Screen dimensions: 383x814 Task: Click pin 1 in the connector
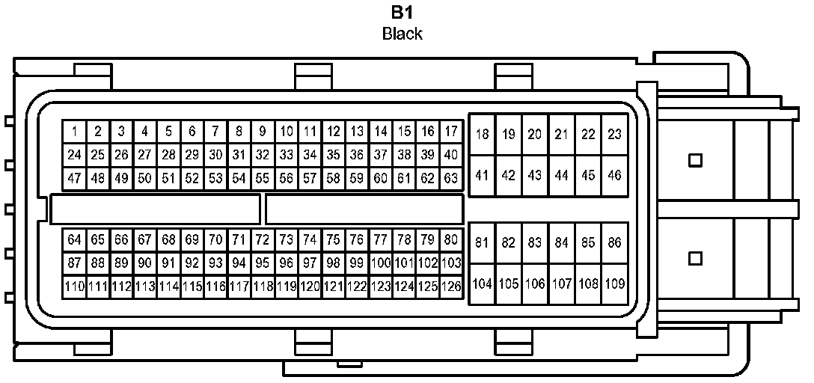tap(75, 132)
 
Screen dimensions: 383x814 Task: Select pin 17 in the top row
tap(451, 132)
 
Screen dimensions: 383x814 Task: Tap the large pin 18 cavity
tap(483, 135)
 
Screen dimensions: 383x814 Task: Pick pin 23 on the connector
tap(615, 135)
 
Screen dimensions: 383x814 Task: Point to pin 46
tap(615, 176)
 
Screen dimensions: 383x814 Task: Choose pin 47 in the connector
tap(74, 179)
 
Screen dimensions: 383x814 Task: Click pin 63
tap(451, 179)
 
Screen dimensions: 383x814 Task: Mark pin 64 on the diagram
tap(74, 240)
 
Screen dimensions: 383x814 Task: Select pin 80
tap(451, 240)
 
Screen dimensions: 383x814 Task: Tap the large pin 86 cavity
tap(615, 242)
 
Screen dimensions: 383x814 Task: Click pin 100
tap(381, 263)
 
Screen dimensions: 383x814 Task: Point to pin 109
tap(615, 284)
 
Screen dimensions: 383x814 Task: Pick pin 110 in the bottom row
tap(74, 287)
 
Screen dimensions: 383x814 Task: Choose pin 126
tap(451, 287)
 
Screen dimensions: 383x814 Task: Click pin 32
tap(262, 156)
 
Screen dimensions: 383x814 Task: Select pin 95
tap(262, 263)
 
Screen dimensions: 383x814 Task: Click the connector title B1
tap(403, 13)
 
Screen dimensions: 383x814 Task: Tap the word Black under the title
tap(403, 34)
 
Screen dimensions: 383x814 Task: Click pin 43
tap(535, 176)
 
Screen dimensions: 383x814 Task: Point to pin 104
tap(483, 284)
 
